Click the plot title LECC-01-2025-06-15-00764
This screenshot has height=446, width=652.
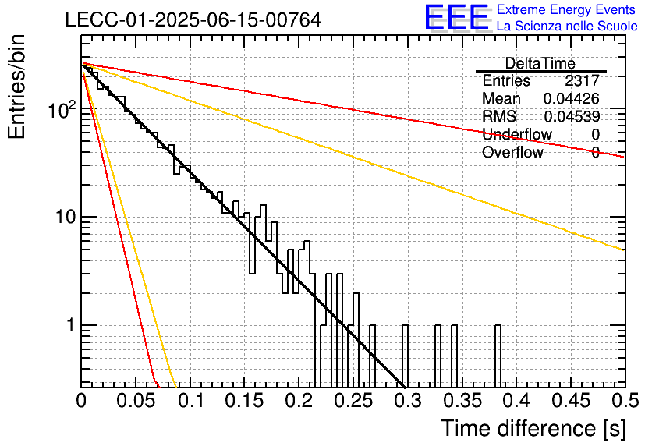(193, 19)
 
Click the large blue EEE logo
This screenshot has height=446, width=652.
(456, 17)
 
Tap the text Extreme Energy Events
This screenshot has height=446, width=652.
(566, 9)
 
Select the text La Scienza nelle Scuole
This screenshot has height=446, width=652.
(567, 27)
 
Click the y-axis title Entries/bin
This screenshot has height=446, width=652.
(16, 87)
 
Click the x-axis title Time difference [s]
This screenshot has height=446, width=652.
(533, 429)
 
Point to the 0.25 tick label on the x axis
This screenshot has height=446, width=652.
(353, 401)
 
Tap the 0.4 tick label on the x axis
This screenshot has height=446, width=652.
(516, 401)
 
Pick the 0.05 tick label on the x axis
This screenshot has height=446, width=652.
(136, 401)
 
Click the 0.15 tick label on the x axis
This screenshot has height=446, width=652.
(244, 401)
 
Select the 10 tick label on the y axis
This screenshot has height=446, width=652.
(66, 217)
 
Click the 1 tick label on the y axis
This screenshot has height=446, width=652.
(70, 325)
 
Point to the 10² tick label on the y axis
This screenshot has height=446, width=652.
(62, 109)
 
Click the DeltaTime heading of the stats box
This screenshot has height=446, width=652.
(540, 64)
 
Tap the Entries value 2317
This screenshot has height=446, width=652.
(582, 80)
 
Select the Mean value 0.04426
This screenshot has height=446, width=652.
(572, 98)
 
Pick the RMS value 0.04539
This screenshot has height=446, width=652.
(572, 116)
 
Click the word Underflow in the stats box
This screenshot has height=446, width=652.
(517, 134)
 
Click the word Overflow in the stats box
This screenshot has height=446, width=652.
(512, 152)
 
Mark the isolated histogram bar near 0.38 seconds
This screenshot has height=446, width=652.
(498, 356)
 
